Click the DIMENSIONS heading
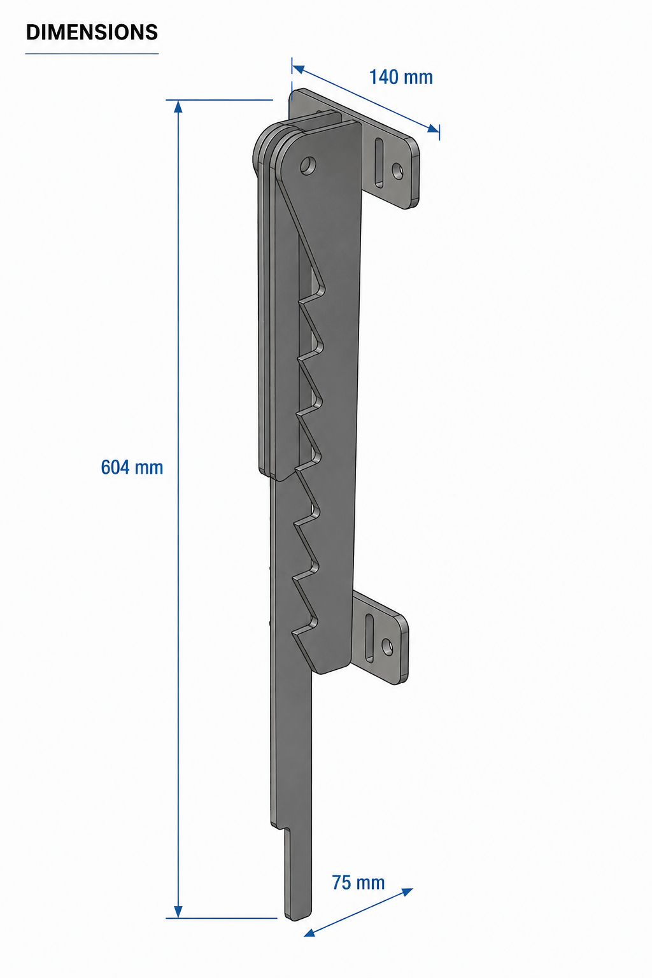point(92,32)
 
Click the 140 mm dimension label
point(401,77)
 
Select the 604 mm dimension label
point(132,467)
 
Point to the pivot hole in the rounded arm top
point(308,166)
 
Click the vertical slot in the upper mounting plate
point(379,163)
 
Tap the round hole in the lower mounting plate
point(387,647)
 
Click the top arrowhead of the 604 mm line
point(178,106)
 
